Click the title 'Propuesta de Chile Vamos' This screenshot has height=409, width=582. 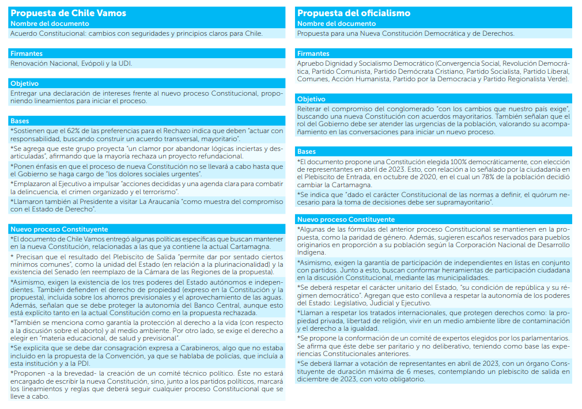click(69, 13)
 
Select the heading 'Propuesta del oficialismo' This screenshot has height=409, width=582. click(354, 13)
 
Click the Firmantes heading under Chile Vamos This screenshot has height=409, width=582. click(27, 54)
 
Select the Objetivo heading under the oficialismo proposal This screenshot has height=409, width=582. click(312, 99)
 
